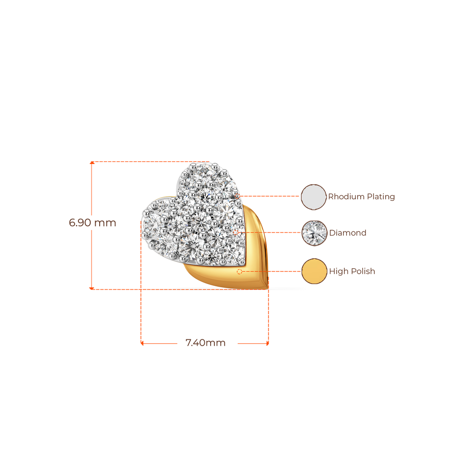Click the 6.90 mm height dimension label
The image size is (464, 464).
click(92, 223)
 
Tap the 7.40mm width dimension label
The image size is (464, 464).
click(205, 343)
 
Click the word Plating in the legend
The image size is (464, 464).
click(381, 197)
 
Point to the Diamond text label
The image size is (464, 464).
click(347, 233)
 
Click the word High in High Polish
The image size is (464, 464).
click(337, 271)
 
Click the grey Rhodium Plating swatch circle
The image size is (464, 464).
click(314, 197)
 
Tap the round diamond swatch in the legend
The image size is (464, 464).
click(314, 233)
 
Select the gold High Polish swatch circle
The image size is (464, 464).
click(314, 271)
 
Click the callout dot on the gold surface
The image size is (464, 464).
click(239, 271)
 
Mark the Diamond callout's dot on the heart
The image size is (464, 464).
click(236, 232)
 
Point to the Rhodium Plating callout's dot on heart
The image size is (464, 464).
click(237, 196)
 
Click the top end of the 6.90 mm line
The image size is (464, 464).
click(92, 162)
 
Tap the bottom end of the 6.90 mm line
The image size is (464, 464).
click(92, 288)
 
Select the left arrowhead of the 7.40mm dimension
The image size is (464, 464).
click(142, 343)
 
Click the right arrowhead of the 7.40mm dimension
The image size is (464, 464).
click(267, 343)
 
